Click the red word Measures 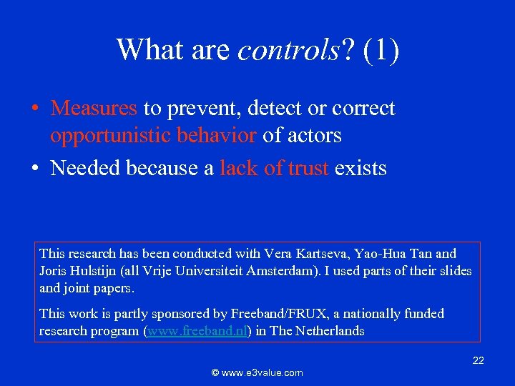pyautogui.click(x=94, y=109)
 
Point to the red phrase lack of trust pyautogui.click(x=275, y=169)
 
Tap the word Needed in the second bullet pyautogui.click(x=87, y=169)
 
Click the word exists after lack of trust pyautogui.click(x=360, y=169)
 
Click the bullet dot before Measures pyautogui.click(x=34, y=109)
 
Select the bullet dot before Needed pyautogui.click(x=34, y=169)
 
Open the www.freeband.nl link pyautogui.click(x=197, y=332)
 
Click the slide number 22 pyautogui.click(x=479, y=361)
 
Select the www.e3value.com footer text pyautogui.click(x=257, y=372)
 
